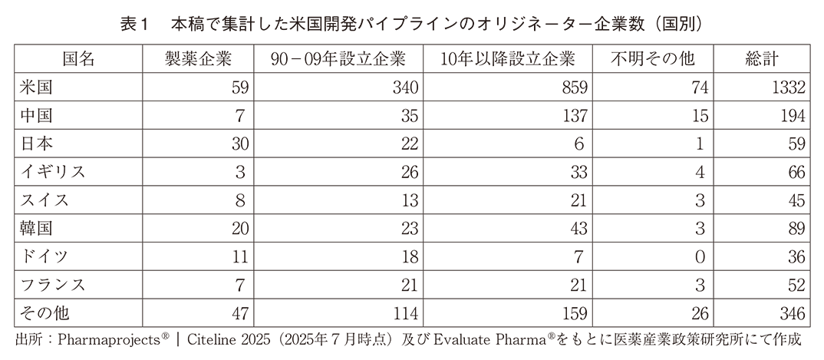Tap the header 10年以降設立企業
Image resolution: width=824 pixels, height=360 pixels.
coord(508,59)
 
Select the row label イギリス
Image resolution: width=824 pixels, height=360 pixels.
coord(52,171)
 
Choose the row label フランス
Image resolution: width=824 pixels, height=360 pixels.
coord(52,285)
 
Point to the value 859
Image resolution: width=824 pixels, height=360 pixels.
coord(574,88)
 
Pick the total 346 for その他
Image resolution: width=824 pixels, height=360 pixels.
coord(790,313)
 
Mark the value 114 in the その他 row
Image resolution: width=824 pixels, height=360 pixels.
coord(404,313)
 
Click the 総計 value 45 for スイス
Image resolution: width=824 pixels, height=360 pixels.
coord(795,200)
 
